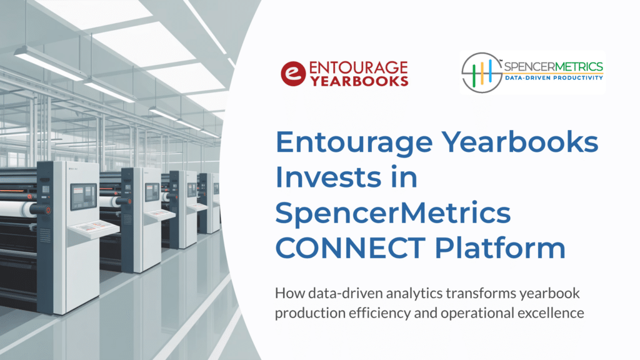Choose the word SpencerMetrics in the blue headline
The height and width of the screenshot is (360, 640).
point(393,213)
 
